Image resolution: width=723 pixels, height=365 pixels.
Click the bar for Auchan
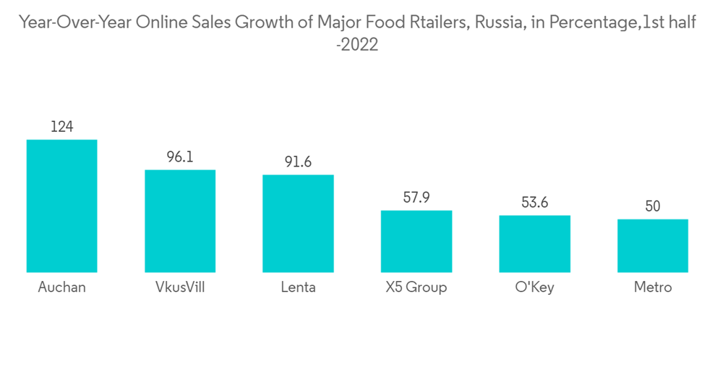pos(61,206)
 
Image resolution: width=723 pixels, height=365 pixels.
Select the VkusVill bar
pos(180,221)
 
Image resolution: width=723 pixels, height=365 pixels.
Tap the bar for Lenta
pos(298,223)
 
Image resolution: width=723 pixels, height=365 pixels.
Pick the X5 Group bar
pos(416,241)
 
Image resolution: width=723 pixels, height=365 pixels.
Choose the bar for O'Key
pos(534,243)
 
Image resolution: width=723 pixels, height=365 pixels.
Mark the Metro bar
pos(653,246)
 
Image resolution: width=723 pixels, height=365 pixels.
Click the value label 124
pos(61,127)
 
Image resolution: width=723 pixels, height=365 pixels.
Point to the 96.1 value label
pos(180,156)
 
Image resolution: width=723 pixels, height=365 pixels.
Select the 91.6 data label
pos(298,161)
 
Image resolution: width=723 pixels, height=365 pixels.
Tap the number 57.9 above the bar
pos(416,197)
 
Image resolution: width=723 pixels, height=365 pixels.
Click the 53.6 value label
pos(534,202)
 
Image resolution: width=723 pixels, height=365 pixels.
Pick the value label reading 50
pos(653,206)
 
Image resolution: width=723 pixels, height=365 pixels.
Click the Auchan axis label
pos(61,288)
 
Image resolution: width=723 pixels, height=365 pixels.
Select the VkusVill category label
pos(180,288)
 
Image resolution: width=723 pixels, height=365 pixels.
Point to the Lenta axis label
pos(298,288)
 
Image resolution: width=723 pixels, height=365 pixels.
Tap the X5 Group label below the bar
pos(416,288)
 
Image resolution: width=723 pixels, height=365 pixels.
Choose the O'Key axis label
pos(534,288)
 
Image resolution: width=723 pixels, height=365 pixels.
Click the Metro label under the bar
pos(653,288)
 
